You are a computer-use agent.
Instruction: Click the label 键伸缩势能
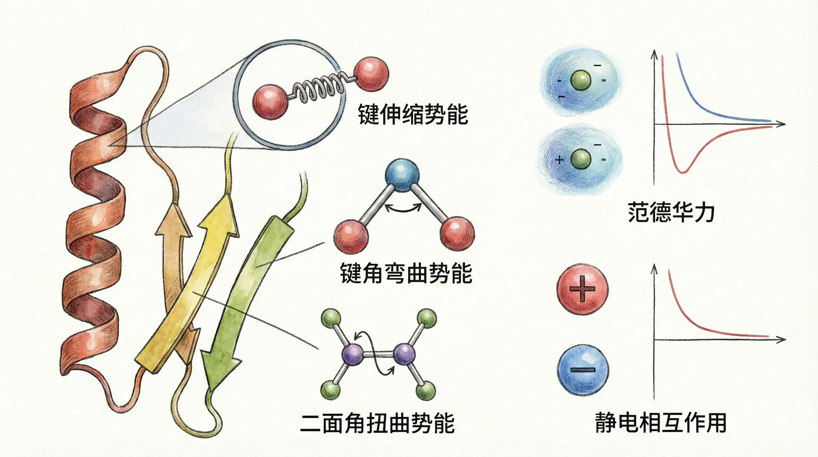coord(413,114)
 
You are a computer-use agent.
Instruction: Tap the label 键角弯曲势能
coord(406,273)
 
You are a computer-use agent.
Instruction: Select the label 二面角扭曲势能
coord(377,423)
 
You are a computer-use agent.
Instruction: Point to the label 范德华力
coord(671,212)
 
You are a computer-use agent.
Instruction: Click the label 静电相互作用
coord(661,422)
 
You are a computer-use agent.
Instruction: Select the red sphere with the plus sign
coord(582,289)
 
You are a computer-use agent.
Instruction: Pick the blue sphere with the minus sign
coord(583,369)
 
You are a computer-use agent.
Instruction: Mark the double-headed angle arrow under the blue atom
coord(403,208)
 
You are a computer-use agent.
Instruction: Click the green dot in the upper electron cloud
coord(580,80)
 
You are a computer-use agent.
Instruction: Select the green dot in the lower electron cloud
coord(580,159)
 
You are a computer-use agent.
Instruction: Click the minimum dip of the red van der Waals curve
coord(683,171)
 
